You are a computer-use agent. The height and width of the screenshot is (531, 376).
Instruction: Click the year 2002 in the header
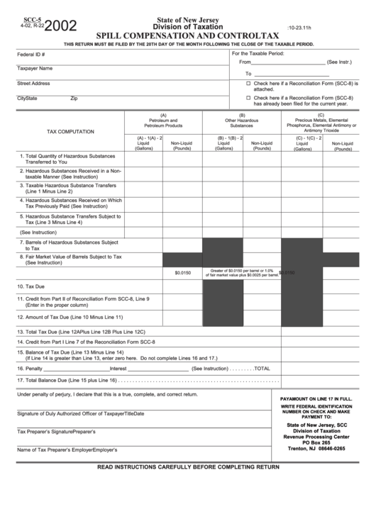click(62, 26)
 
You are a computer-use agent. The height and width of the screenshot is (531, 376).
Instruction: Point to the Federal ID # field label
click(31, 54)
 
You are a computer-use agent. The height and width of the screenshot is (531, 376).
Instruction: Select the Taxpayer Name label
click(35, 69)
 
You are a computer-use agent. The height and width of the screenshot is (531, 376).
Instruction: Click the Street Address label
click(33, 84)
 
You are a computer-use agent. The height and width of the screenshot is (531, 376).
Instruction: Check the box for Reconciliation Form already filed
click(248, 98)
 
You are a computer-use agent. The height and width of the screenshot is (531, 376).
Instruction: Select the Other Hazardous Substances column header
click(242, 121)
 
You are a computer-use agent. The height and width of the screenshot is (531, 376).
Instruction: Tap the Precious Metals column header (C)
click(321, 121)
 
